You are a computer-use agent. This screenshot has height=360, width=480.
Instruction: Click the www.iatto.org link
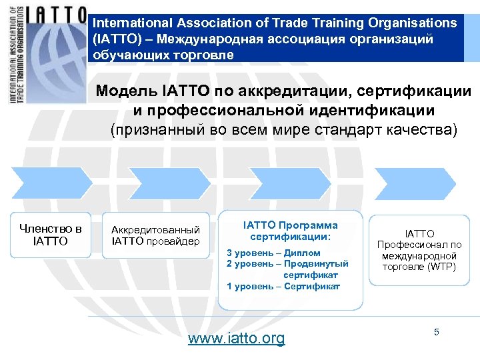pyautogui.click(x=236, y=338)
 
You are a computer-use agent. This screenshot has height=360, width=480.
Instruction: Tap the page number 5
pyautogui.click(x=437, y=331)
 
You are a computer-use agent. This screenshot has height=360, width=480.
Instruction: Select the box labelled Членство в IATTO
pyautogui.click(x=51, y=235)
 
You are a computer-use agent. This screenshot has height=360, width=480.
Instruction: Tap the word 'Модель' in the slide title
pyautogui.click(x=126, y=91)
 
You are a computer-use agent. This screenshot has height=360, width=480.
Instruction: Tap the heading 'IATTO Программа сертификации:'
pyautogui.click(x=290, y=231)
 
